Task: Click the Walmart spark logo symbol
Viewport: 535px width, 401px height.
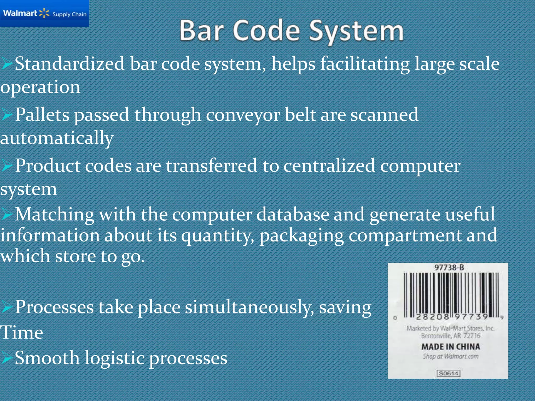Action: tap(44, 13)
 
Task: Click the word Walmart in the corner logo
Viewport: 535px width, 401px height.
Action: tap(20, 13)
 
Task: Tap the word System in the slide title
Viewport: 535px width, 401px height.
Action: tap(356, 31)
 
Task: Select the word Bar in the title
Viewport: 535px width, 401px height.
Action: tap(201, 31)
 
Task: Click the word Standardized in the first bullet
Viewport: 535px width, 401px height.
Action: tap(69, 64)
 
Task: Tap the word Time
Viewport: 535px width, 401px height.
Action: tap(22, 333)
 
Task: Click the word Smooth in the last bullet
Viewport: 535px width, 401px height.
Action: tap(47, 358)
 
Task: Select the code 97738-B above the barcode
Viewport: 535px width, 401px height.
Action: tap(449, 268)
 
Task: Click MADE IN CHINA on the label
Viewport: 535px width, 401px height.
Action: tap(451, 347)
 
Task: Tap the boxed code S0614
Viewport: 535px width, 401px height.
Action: tap(449, 373)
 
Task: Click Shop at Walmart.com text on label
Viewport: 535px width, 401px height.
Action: tap(451, 356)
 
